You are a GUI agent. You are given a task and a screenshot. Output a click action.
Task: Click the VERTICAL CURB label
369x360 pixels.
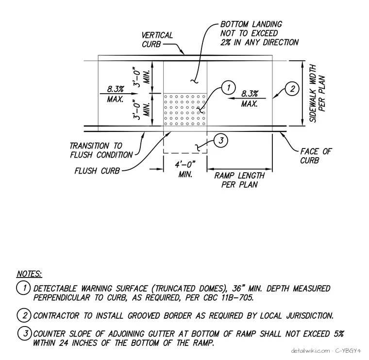pos(157,40)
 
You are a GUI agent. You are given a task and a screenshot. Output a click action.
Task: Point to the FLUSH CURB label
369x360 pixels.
pos(97,171)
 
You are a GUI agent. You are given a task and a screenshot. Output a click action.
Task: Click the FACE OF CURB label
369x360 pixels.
pos(316,156)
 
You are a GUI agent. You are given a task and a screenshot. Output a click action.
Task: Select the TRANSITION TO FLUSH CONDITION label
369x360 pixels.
pos(101,150)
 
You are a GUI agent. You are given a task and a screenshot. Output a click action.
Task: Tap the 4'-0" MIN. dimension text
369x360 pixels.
pos(185,169)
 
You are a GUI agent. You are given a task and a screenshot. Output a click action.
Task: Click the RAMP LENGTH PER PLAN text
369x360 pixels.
pos(239,180)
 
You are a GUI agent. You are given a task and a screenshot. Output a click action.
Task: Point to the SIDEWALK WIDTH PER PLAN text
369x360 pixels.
pos(317,93)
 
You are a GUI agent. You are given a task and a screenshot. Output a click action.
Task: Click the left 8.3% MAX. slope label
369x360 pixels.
pos(116,94)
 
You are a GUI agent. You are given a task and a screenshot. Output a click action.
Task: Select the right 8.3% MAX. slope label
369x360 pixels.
pos(250,98)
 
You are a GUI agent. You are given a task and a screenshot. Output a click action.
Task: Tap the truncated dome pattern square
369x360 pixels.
pos(185,110)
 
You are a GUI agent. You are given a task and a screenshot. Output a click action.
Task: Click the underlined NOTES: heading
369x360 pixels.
pos(29,274)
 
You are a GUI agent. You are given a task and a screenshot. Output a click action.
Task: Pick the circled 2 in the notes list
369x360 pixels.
pos(24,315)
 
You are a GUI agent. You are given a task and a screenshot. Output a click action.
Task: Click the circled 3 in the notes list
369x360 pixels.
pos(25,333)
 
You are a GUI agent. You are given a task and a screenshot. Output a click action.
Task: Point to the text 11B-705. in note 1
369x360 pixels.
pos(237,298)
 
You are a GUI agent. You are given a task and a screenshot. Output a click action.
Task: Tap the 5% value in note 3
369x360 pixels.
pos(338,334)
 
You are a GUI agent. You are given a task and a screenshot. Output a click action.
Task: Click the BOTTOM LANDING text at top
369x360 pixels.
pos(251,24)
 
